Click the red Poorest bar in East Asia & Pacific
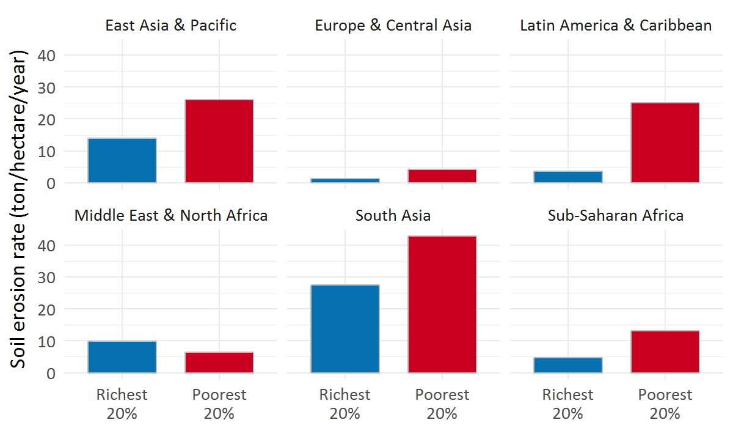[x=219, y=141]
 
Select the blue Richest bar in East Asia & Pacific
[x=122, y=160]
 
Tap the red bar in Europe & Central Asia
[x=442, y=176]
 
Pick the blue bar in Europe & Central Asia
[x=345, y=180]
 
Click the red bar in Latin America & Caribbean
[x=665, y=142]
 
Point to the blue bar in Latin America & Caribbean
[x=568, y=177]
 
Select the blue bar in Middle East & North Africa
[x=122, y=357]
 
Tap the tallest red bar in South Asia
[x=442, y=304]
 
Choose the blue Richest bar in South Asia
[x=345, y=329]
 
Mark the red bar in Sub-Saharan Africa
[x=665, y=352]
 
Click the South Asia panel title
[x=393, y=216]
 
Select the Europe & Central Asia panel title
[x=393, y=26]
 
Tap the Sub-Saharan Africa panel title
[x=616, y=216]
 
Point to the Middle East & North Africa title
[x=171, y=216]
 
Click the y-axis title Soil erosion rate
[x=20, y=210]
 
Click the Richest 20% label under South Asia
[x=345, y=404]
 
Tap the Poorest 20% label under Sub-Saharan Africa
[x=665, y=404]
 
